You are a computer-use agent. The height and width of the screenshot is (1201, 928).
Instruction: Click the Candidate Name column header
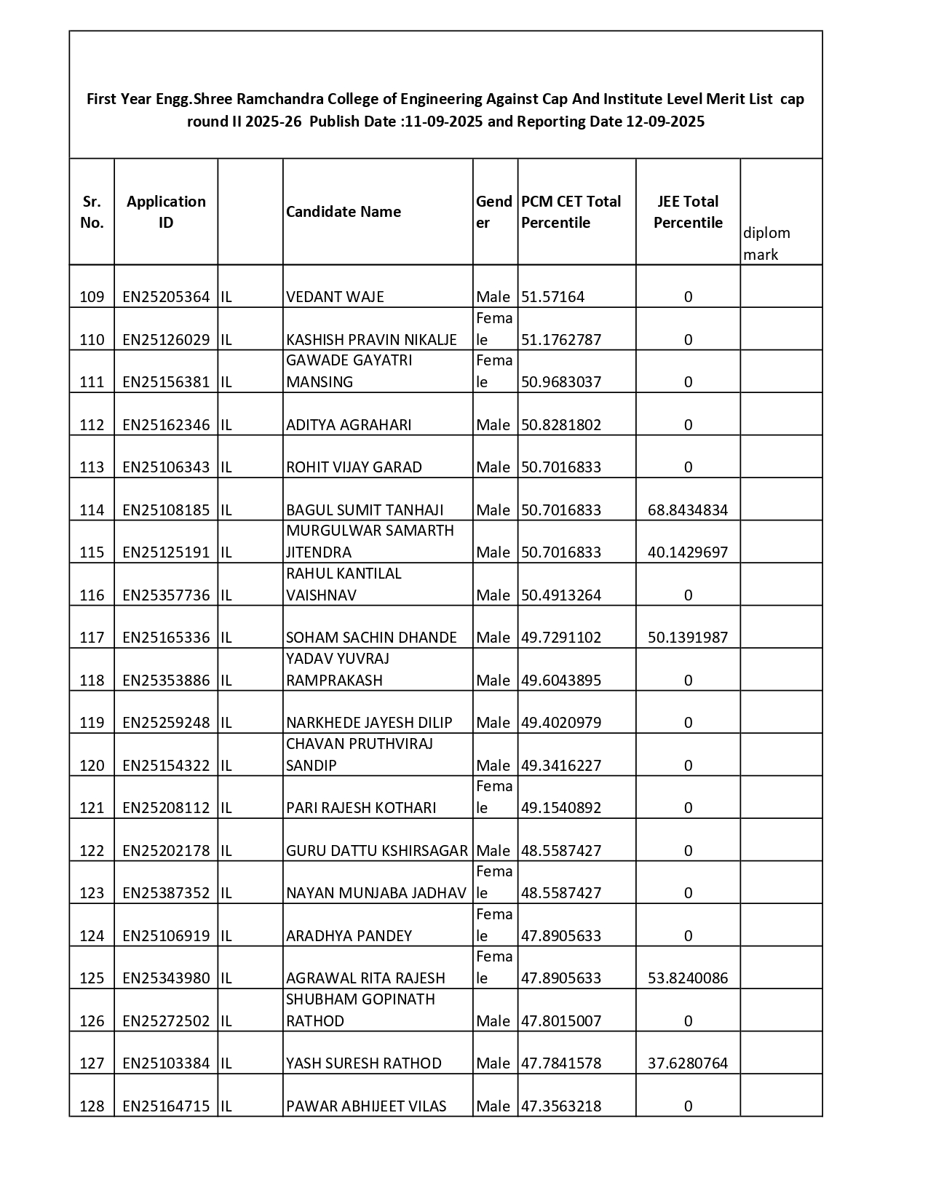344,212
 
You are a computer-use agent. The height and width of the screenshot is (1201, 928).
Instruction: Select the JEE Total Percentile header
688,212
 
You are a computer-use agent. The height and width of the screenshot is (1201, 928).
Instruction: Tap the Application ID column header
166,212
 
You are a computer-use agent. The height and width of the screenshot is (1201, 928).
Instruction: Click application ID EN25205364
166,297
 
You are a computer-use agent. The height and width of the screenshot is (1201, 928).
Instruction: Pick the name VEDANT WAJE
335,297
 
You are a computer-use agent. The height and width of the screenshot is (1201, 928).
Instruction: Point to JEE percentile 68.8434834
688,510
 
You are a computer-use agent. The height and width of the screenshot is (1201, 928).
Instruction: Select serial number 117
92,638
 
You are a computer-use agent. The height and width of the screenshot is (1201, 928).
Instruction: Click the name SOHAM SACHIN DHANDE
371,638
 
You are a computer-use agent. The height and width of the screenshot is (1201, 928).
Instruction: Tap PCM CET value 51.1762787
561,340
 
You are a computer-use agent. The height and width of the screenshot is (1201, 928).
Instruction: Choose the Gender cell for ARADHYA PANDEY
494,925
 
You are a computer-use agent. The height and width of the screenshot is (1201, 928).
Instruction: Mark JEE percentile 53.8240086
688,978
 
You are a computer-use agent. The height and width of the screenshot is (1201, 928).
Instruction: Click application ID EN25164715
166,1106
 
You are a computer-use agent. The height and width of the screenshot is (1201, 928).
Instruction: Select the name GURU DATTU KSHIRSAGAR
377,851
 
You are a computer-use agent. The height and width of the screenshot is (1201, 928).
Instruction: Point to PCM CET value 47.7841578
561,1063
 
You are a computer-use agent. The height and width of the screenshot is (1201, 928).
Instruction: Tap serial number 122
92,851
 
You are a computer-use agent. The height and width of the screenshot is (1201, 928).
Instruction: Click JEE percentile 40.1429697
688,552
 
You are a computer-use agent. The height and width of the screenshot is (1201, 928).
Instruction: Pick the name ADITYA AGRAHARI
349,425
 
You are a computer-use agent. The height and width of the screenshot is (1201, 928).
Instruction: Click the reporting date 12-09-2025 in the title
665,122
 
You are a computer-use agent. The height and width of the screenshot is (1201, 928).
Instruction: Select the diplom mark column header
766,243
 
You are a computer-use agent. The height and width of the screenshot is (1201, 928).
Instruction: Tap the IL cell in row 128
226,1106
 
